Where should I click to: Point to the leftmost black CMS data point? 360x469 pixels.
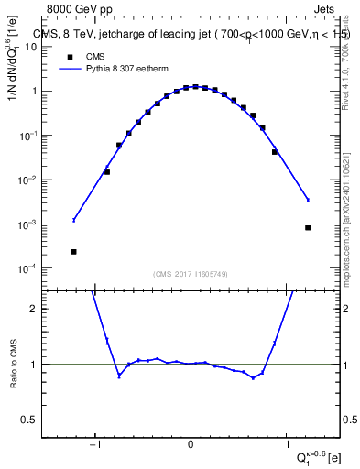pyautogui.click(x=73, y=251)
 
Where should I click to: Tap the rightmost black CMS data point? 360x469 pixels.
pyautogui.click(x=308, y=228)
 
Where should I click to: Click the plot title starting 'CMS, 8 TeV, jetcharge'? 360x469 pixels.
pyautogui.click(x=188, y=35)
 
